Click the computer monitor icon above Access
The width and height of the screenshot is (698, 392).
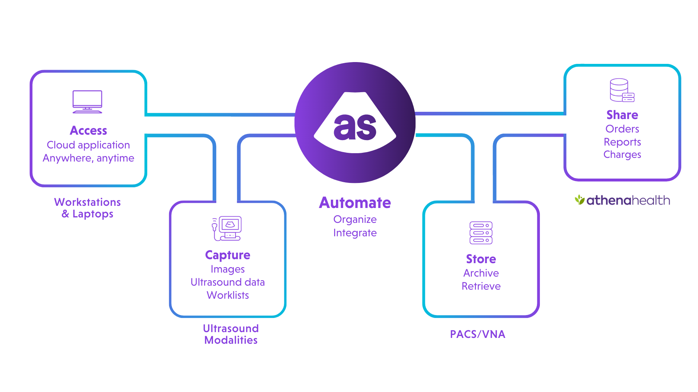[87, 102]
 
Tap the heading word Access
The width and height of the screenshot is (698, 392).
[88, 131]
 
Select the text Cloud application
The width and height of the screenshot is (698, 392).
[88, 145]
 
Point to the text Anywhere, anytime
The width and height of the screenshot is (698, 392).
[88, 158]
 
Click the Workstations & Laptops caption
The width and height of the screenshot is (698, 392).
[88, 208]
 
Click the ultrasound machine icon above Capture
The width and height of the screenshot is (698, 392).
[227, 228]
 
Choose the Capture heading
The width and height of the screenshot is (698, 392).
[228, 255]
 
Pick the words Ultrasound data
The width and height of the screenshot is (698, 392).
[228, 282]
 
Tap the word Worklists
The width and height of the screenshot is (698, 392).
[228, 295]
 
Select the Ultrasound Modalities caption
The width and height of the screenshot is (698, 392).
[230, 334]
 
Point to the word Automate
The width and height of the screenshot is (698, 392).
[355, 203]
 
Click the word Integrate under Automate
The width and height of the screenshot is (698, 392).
[355, 233]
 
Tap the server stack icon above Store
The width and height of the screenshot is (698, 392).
[481, 233]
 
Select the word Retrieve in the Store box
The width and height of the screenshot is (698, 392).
[481, 286]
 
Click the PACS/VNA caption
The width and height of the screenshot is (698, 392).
[477, 334]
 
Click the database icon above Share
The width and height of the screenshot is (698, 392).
[622, 90]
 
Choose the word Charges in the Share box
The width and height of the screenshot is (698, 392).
[622, 155]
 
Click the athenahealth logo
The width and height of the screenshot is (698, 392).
[622, 200]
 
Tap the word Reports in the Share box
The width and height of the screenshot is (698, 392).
[622, 142]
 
